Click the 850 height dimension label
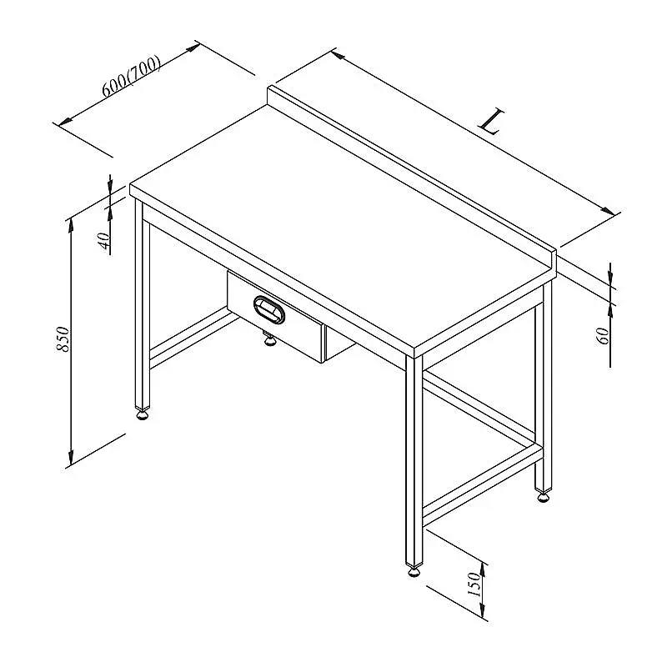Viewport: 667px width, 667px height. coord(63,339)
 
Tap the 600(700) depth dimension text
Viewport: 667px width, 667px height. coord(132,76)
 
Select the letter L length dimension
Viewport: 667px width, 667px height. coord(492,122)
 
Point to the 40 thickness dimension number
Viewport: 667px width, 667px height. coord(104,240)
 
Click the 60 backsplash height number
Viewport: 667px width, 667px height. coord(603,336)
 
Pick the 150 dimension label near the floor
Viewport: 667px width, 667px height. coord(474,584)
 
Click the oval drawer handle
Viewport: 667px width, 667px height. coord(268,308)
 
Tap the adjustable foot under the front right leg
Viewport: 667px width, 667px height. coord(414,570)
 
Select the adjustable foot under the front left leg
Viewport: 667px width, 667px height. coord(143,414)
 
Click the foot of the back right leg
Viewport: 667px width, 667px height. coord(544,496)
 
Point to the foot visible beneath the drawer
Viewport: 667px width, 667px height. coord(268,339)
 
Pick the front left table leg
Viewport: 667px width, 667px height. coord(143,304)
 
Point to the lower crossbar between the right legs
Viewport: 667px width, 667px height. coord(483,485)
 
